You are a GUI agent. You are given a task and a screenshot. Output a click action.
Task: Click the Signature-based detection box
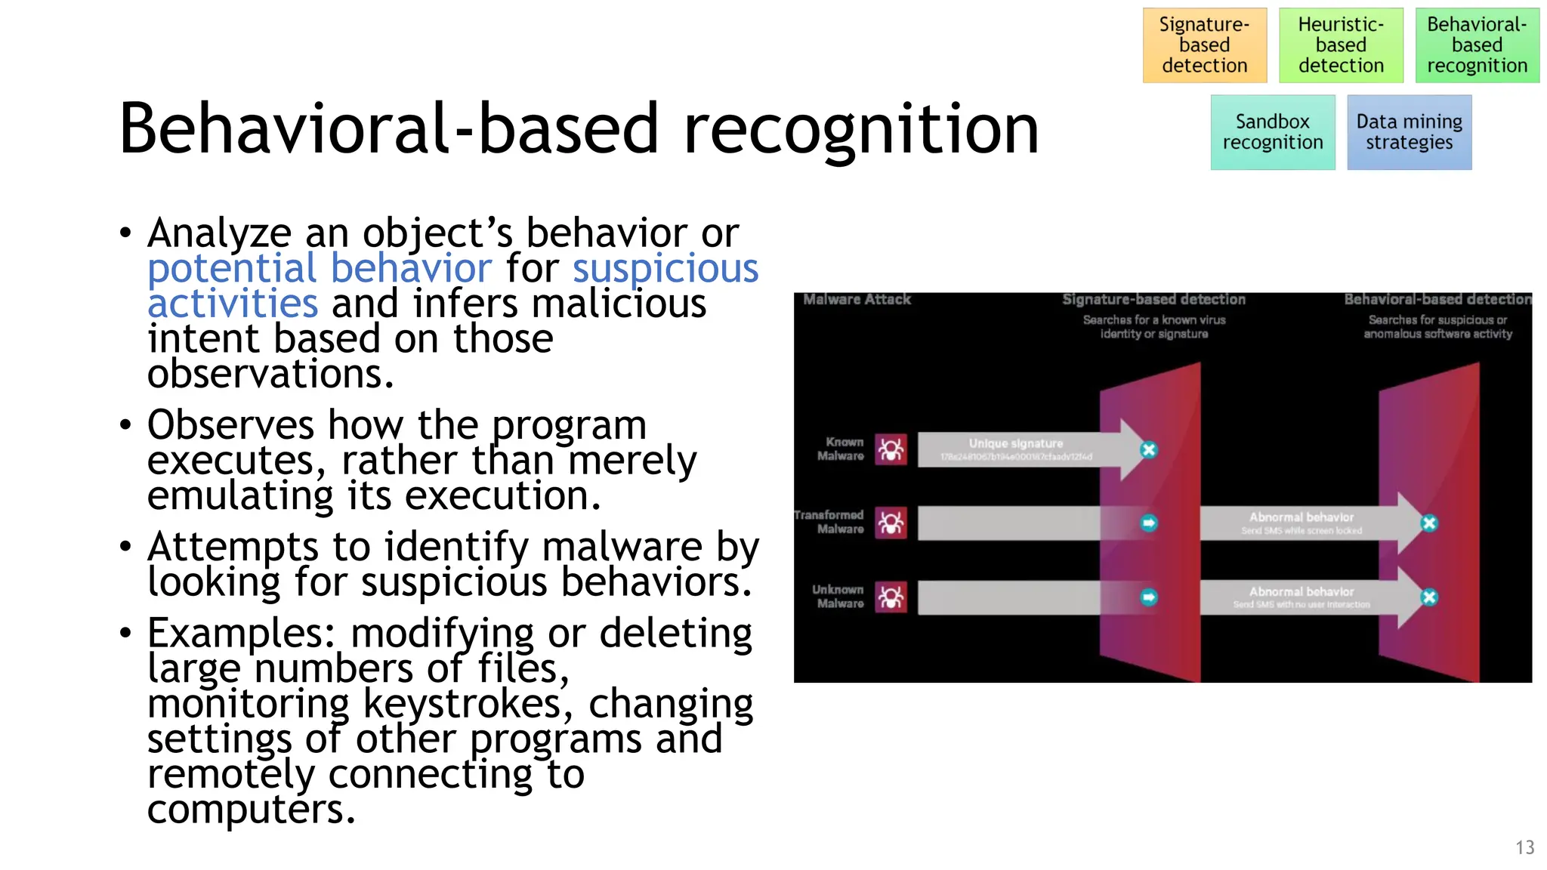tap(1204, 45)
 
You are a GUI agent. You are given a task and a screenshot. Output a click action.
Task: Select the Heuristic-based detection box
tap(1341, 45)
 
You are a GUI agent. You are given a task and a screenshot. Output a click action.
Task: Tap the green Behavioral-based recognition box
tap(1477, 45)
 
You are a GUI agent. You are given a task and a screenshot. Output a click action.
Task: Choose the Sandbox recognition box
tap(1272, 132)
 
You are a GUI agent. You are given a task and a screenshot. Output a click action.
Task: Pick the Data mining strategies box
tap(1409, 132)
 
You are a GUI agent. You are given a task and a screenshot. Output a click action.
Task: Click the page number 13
tap(1524, 847)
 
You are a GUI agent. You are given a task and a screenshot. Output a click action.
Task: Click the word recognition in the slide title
tap(860, 130)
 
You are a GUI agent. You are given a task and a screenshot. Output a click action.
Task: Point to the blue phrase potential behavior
tap(320, 269)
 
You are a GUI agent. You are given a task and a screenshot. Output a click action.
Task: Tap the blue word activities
tap(233, 304)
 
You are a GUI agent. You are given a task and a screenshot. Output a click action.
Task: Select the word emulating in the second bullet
tap(239, 496)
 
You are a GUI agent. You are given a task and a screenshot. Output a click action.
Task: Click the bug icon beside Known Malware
tap(891, 450)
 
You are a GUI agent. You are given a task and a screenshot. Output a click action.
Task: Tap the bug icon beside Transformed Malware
tap(891, 523)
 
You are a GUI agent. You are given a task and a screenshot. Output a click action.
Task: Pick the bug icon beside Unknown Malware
tap(891, 597)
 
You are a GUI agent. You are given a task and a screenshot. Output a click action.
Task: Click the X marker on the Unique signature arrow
tap(1148, 450)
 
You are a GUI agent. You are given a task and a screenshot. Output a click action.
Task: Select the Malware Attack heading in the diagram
tap(857, 300)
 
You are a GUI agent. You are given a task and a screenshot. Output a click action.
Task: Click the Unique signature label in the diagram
tap(1015, 443)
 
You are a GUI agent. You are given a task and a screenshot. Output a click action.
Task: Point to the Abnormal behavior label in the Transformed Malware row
tap(1301, 517)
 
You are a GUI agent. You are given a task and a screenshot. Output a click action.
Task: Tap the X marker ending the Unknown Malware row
tap(1428, 597)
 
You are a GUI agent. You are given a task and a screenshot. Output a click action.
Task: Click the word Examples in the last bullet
tap(240, 633)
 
